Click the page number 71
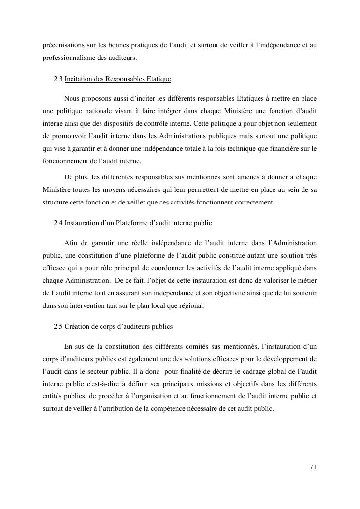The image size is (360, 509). tap(313, 467)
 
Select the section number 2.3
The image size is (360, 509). tap(58, 79)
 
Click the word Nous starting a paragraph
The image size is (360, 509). tap(72, 99)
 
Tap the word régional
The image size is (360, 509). tap(191, 305)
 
